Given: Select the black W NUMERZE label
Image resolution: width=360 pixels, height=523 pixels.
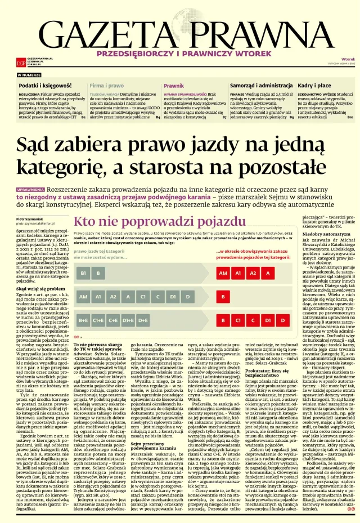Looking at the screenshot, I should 29,75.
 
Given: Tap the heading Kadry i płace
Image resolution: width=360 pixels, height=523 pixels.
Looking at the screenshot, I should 314,85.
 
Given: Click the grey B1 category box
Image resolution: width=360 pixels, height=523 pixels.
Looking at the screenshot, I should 84,273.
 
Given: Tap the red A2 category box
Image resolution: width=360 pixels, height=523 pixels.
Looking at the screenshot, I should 253,273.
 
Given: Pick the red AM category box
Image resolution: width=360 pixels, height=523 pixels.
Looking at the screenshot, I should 223,273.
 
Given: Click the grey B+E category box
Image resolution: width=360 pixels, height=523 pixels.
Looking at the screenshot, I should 84,320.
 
